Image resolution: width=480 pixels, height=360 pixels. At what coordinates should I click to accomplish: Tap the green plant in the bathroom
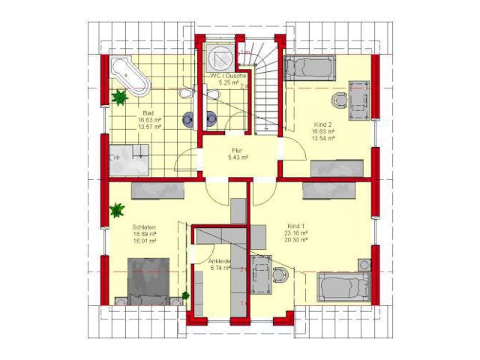[x=118, y=97]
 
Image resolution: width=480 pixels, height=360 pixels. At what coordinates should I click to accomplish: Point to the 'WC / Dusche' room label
[x=223, y=76]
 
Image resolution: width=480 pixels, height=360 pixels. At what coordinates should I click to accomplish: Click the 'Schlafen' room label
[x=144, y=226]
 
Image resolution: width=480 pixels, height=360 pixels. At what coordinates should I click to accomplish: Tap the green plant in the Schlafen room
[x=117, y=211]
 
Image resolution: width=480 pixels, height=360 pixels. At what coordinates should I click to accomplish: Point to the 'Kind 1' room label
[x=297, y=225]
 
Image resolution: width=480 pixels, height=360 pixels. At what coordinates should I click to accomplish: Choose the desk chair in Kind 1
[x=280, y=274]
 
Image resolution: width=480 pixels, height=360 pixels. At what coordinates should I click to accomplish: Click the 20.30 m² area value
[x=297, y=241]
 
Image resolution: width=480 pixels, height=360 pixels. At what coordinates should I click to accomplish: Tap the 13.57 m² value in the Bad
[x=144, y=127]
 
